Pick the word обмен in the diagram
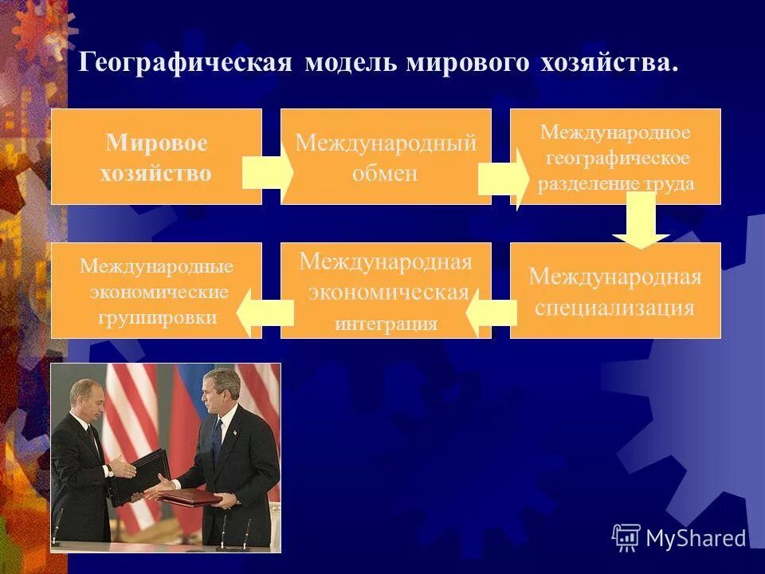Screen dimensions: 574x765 click(x=386, y=173)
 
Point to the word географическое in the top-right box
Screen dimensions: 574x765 click(x=617, y=158)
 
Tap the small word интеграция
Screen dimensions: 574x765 click(x=386, y=324)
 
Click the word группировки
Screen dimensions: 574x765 click(x=157, y=317)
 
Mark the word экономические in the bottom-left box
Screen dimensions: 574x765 click(x=159, y=292)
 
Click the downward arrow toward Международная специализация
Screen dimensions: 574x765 click(x=641, y=222)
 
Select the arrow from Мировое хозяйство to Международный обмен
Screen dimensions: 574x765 click(x=268, y=172)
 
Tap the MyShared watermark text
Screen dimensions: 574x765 click(x=696, y=538)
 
